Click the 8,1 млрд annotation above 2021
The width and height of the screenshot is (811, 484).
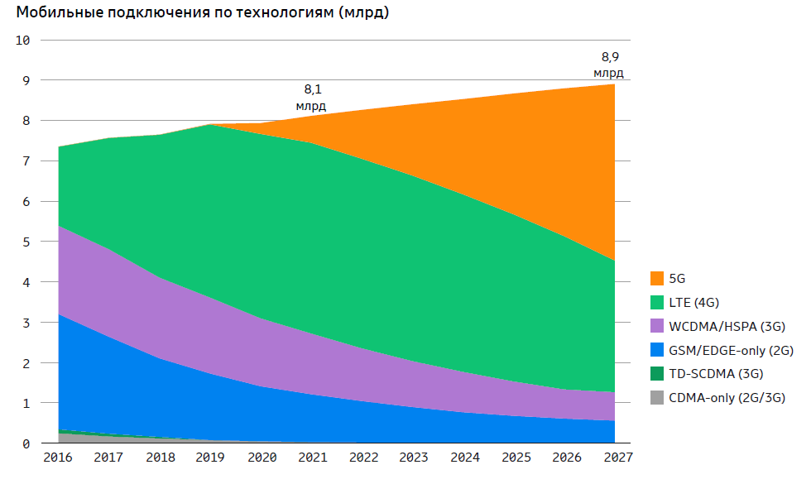(311, 97)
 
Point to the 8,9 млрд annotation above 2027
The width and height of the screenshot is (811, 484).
(610, 65)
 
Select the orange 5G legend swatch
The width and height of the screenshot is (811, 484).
(657, 279)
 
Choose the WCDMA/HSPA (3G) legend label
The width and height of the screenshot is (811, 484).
(726, 327)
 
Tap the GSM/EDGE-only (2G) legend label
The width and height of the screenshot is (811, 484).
(731, 351)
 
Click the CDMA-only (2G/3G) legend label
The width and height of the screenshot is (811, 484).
(727, 399)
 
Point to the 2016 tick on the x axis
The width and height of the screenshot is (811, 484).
(58, 458)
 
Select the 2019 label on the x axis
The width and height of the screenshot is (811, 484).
(211, 458)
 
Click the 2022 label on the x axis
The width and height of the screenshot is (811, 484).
(363, 458)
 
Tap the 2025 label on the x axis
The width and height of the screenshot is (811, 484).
(516, 458)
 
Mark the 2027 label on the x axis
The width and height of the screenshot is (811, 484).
(617, 458)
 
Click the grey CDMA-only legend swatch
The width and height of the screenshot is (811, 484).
(657, 399)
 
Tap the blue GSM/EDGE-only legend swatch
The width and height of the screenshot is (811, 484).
(657, 351)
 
